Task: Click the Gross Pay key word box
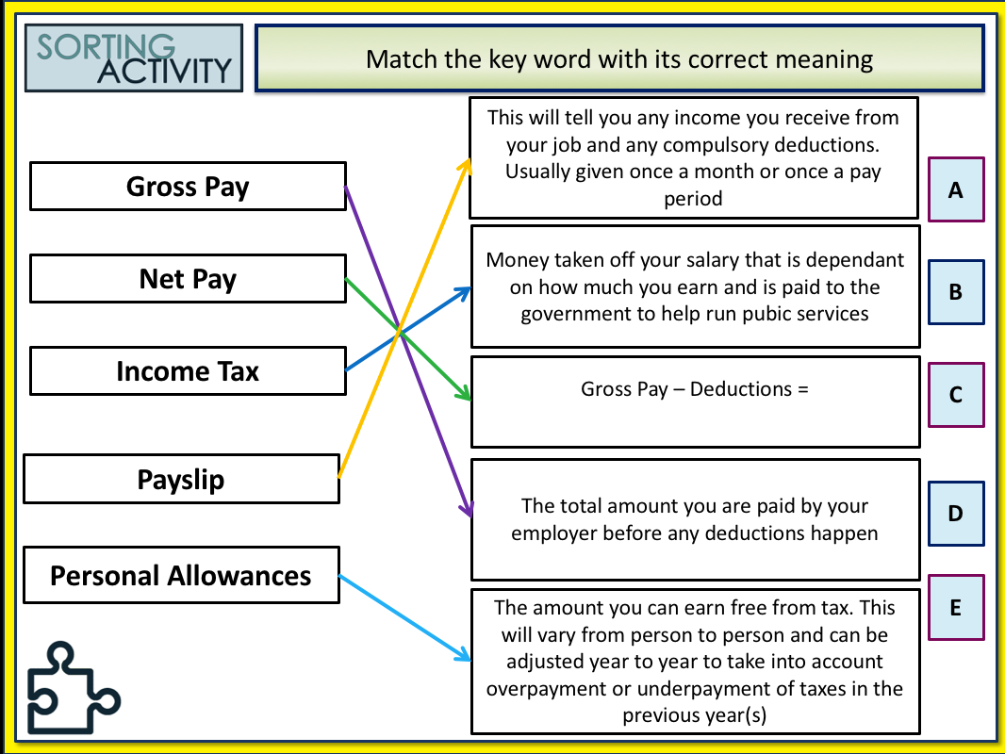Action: [x=188, y=187]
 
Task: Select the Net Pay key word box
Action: [x=188, y=279]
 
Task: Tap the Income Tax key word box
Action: [x=188, y=371]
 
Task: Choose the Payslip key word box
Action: [x=181, y=480]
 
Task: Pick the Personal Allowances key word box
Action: [x=181, y=575]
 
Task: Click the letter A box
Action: [x=955, y=189]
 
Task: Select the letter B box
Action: [x=955, y=292]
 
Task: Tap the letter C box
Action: [x=955, y=395]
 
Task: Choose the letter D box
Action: [x=955, y=514]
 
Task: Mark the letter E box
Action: [x=955, y=608]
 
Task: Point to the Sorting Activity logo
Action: [x=133, y=58]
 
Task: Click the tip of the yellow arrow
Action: [x=469, y=161]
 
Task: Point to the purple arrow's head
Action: [x=468, y=514]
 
